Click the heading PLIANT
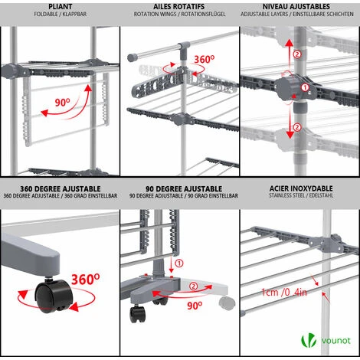(x=61, y=6)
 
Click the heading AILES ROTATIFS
(x=179, y=6)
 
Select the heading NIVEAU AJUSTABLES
(x=296, y=6)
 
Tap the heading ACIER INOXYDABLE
(x=301, y=188)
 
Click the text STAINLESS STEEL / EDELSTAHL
(x=301, y=195)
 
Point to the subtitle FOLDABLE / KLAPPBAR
(x=61, y=14)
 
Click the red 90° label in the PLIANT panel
(x=62, y=103)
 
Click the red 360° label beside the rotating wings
(x=204, y=60)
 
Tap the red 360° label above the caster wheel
(x=85, y=279)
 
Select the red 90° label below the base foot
(x=195, y=306)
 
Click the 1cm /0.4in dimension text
(x=284, y=292)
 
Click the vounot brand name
(x=335, y=341)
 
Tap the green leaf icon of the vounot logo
(x=309, y=340)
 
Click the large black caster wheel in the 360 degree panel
(x=54, y=296)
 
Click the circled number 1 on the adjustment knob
(x=305, y=87)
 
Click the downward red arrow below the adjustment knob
(x=290, y=123)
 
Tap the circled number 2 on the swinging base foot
(x=193, y=286)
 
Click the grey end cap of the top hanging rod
(x=132, y=57)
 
